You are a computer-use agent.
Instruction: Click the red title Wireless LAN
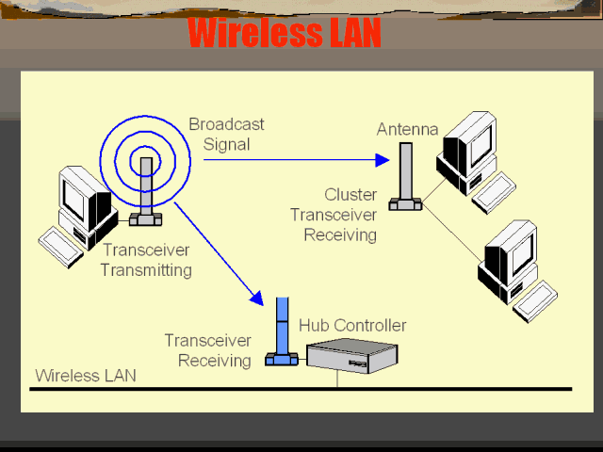click(x=284, y=33)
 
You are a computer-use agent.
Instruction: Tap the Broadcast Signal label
click(x=226, y=134)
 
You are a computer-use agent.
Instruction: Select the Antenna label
click(x=407, y=129)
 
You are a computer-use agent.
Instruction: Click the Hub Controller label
click(x=352, y=325)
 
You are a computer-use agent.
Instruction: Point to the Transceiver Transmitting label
click(x=146, y=260)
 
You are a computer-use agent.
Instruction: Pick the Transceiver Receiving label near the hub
click(x=207, y=350)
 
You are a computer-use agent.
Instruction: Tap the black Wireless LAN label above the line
click(x=86, y=375)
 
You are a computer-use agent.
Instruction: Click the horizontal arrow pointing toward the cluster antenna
click(x=296, y=160)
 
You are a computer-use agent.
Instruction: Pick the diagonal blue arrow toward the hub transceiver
click(x=218, y=251)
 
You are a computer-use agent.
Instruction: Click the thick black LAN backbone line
click(x=301, y=388)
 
